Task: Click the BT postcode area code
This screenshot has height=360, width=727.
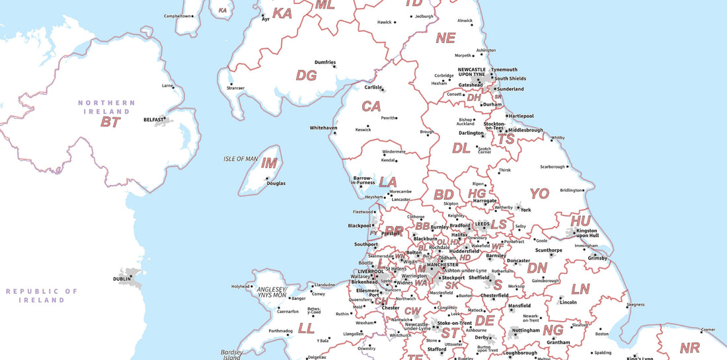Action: (110, 122)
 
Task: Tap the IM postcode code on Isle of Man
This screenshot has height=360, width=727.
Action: (269, 163)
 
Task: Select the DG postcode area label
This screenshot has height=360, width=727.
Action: (306, 75)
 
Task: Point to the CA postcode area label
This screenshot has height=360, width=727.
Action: (371, 106)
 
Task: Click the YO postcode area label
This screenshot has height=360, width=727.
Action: (539, 194)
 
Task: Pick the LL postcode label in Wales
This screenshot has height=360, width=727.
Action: (306, 328)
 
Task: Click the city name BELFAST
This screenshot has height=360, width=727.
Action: (153, 120)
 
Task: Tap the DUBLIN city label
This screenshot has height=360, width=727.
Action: (122, 279)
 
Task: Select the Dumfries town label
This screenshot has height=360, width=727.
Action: (325, 62)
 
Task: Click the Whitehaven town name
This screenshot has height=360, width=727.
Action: (323, 127)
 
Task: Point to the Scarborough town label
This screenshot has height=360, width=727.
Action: (553, 166)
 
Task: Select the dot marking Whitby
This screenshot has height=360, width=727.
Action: (548, 138)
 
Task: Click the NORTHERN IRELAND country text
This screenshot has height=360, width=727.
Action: (106, 107)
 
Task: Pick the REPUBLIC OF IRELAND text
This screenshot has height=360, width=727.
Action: (42, 295)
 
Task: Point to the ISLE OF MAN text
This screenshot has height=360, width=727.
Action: (241, 159)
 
